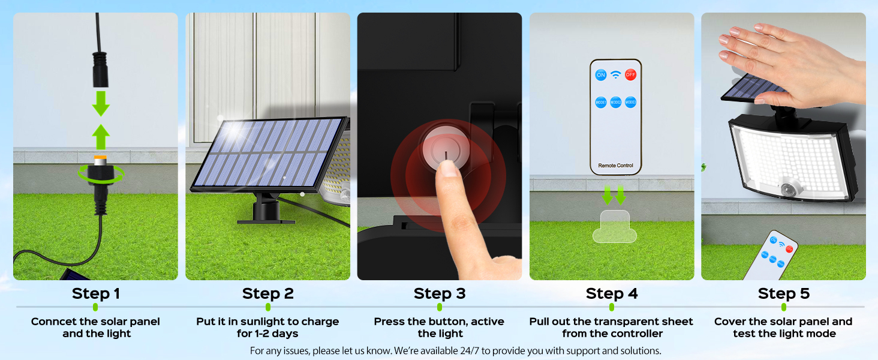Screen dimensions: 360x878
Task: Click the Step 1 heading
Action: [96, 293]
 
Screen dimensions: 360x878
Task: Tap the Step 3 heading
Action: [440, 293]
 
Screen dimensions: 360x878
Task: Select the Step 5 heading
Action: [783, 293]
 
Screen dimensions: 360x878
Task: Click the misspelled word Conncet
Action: [53, 322]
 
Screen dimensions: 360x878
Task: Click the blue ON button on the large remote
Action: [600, 75]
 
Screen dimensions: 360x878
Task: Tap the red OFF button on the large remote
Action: [630, 75]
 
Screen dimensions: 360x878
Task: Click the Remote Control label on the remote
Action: [615, 166]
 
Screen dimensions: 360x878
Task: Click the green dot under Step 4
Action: [612, 307]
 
